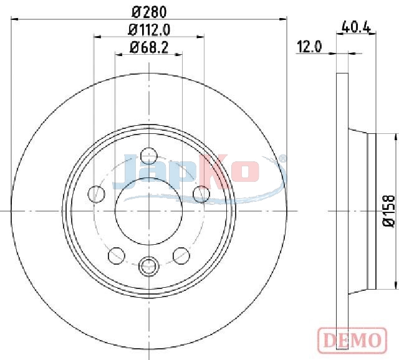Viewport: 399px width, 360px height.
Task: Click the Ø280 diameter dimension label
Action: (x=149, y=12)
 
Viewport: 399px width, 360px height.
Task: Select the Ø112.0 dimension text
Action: (x=149, y=30)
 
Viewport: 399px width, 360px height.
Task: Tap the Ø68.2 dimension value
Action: (x=149, y=47)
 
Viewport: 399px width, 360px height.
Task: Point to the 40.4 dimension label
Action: (x=356, y=26)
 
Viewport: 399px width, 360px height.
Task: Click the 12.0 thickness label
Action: (x=309, y=47)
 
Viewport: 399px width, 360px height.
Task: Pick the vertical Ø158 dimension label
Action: (x=388, y=211)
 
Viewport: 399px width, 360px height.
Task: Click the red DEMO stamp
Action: (x=352, y=341)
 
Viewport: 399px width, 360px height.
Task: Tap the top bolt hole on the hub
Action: (x=149, y=156)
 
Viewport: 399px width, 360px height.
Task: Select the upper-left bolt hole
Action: (x=96, y=194)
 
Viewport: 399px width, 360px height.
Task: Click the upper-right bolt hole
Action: (x=201, y=194)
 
